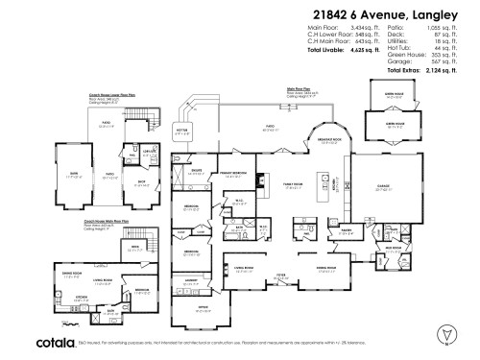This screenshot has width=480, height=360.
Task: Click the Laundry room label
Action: click(190, 280)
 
